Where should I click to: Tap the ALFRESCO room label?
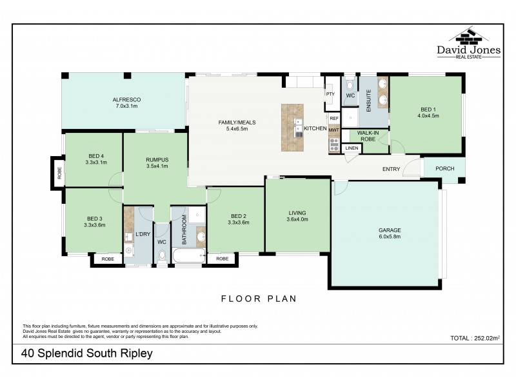click(126, 103)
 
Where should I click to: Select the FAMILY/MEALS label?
click(233, 125)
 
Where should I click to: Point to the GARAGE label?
click(390, 233)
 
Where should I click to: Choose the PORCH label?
click(444, 169)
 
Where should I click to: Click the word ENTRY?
click(392, 170)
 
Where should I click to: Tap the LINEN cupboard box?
click(352, 148)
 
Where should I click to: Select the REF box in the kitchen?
click(333, 119)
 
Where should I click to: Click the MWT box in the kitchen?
click(333, 130)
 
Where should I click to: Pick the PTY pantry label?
click(330, 94)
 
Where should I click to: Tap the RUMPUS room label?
click(157, 163)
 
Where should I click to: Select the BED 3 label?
click(94, 222)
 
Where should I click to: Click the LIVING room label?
click(297, 216)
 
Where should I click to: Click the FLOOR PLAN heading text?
click(258, 299)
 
